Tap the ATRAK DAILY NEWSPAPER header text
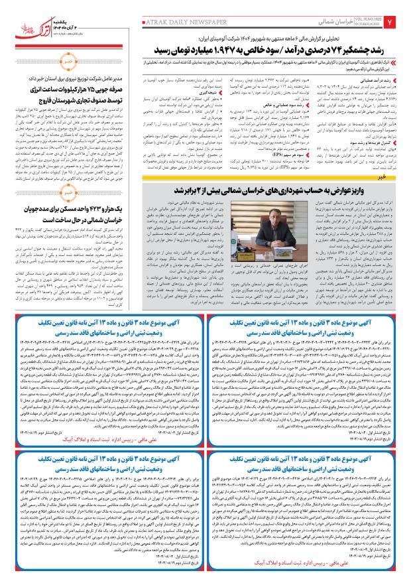(x=175, y=22)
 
